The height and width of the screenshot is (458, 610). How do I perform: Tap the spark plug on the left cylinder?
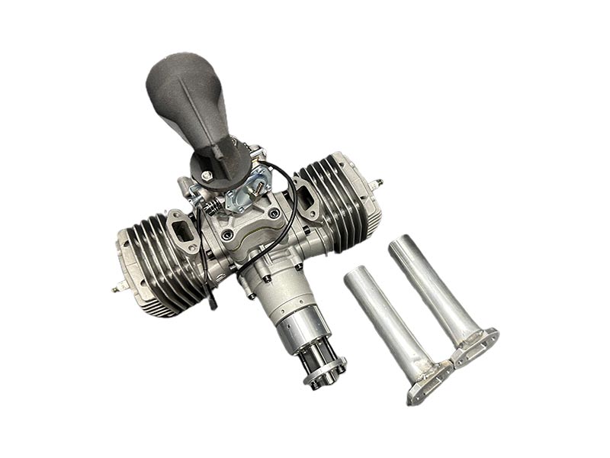(x=117, y=288)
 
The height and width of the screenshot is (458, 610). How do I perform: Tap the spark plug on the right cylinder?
(x=377, y=184)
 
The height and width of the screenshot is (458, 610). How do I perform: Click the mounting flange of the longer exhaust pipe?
(x=475, y=347)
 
